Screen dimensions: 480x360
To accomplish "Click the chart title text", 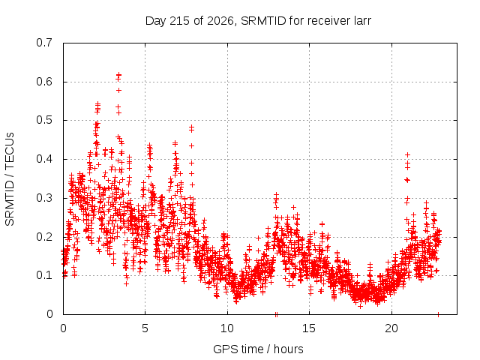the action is tap(258, 21).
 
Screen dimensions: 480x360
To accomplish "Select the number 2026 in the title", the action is tap(220, 21).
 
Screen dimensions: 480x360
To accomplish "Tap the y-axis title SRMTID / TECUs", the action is tap(10, 179).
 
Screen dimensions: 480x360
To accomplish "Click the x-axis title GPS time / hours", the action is tap(258, 349).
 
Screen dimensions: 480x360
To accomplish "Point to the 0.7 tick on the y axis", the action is tap(44, 43).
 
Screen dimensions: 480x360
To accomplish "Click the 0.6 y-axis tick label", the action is tap(44, 82).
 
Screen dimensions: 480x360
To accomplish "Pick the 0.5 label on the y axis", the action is tap(44, 120).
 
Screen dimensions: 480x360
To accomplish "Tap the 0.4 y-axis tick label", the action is tap(44, 159).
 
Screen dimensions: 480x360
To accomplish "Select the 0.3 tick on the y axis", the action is tap(44, 198).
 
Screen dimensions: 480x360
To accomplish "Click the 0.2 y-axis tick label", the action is tap(44, 237).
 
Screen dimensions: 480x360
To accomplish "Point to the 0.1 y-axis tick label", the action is tap(44, 275).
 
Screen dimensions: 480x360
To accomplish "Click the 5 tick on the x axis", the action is tap(145, 328).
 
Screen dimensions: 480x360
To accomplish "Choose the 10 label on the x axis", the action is tap(227, 328).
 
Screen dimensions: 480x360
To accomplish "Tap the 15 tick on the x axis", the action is tap(309, 328).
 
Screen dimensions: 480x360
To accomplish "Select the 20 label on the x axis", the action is tap(391, 328).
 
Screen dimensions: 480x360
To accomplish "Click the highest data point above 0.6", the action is tap(118, 75).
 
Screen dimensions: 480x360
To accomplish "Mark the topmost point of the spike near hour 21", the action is tap(407, 155).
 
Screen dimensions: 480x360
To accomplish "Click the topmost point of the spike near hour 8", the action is tap(192, 127).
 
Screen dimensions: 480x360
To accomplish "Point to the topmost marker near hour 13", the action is tap(276, 194).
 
